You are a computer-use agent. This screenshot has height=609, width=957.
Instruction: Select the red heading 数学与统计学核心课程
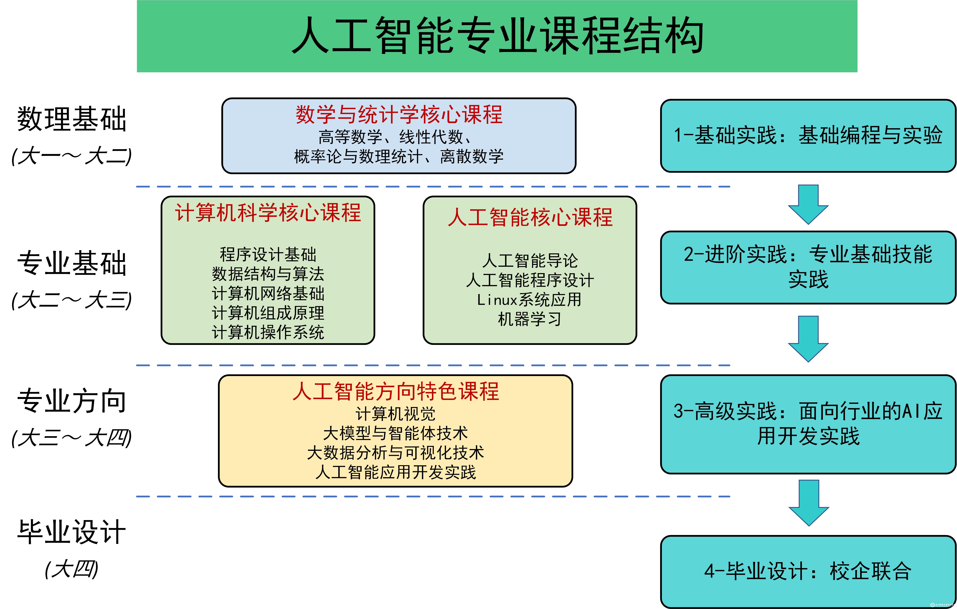click(x=399, y=115)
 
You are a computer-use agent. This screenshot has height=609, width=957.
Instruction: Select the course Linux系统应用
click(x=529, y=299)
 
